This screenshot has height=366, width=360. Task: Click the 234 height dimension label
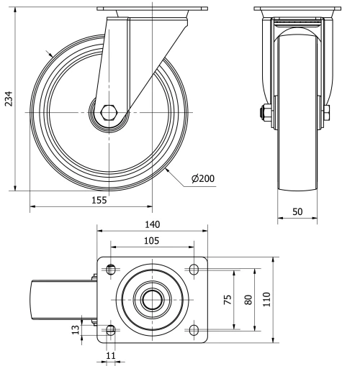pyautogui.click(x=9, y=99)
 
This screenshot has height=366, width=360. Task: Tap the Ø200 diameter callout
pyautogui.click(x=204, y=179)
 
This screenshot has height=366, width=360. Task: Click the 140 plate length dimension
pyautogui.click(x=153, y=224)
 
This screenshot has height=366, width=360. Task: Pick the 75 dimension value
pyautogui.click(x=228, y=299)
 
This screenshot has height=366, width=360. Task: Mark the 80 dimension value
pyautogui.click(x=249, y=299)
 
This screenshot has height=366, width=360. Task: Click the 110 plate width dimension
pyautogui.click(x=266, y=299)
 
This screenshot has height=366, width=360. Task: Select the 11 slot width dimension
pyautogui.click(x=110, y=355)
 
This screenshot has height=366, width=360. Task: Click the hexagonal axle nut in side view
pyautogui.click(x=109, y=113)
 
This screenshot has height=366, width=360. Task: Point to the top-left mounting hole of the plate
pyautogui.click(x=110, y=270)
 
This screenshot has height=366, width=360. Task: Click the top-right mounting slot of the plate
pyautogui.click(x=194, y=270)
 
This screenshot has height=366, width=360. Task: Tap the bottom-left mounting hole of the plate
pyautogui.click(x=110, y=330)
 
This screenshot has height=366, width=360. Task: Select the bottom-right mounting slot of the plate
pyautogui.click(x=194, y=330)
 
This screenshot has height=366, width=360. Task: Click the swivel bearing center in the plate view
pyautogui.click(x=152, y=300)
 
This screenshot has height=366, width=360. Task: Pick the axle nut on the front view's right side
pyautogui.click(x=326, y=113)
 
